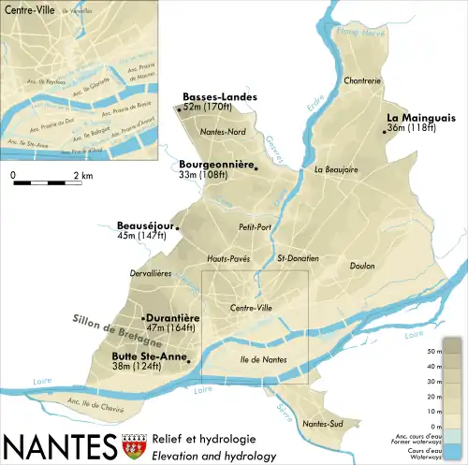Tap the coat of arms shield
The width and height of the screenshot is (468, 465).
pyautogui.click(x=132, y=444)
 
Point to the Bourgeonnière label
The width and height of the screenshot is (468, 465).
pyautogui.click(x=216, y=164)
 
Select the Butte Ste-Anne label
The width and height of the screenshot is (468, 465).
pyautogui.click(x=148, y=356)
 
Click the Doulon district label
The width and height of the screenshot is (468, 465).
pyautogui.click(x=361, y=266)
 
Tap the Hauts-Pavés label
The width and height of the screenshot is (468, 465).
pyautogui.click(x=227, y=259)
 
